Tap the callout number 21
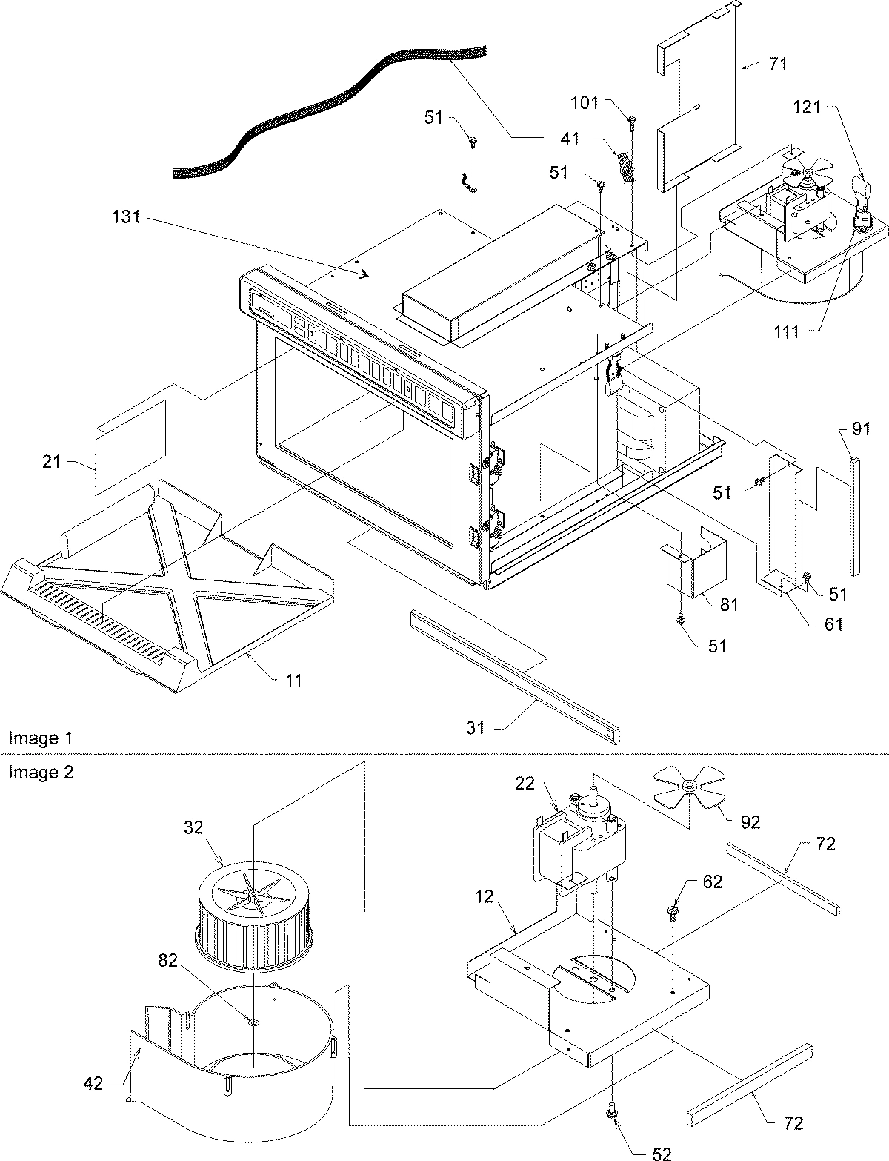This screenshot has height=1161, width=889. (51, 463)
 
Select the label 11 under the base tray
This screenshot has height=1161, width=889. (294, 680)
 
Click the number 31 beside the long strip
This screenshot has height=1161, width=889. (476, 728)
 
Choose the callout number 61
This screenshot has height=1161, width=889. (834, 624)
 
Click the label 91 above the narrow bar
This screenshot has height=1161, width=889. (860, 428)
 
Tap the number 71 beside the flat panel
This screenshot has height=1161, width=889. (777, 64)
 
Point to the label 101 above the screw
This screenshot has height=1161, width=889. (585, 103)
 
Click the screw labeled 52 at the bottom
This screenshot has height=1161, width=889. (612, 1108)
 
